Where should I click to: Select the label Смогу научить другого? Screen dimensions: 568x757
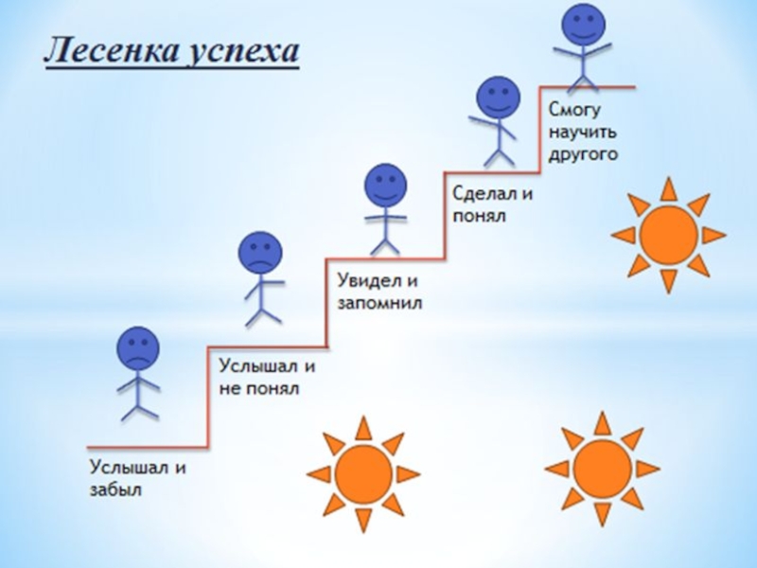[584, 132]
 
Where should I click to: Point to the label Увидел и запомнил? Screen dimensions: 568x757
[379, 293]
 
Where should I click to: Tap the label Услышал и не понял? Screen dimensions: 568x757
[267, 377]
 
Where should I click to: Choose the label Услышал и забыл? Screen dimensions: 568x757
[138, 478]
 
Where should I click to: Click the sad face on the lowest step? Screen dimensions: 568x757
[138, 348]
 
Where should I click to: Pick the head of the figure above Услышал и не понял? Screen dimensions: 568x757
[260, 253]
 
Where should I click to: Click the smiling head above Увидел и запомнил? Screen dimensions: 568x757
[385, 186]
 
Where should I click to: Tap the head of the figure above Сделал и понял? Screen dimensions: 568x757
[498, 98]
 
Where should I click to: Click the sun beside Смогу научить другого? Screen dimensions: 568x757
[669, 235]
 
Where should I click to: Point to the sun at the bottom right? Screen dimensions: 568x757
[603, 468]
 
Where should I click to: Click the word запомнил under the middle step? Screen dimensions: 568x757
[379, 304]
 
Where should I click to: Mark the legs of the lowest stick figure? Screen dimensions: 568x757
[139, 405]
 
